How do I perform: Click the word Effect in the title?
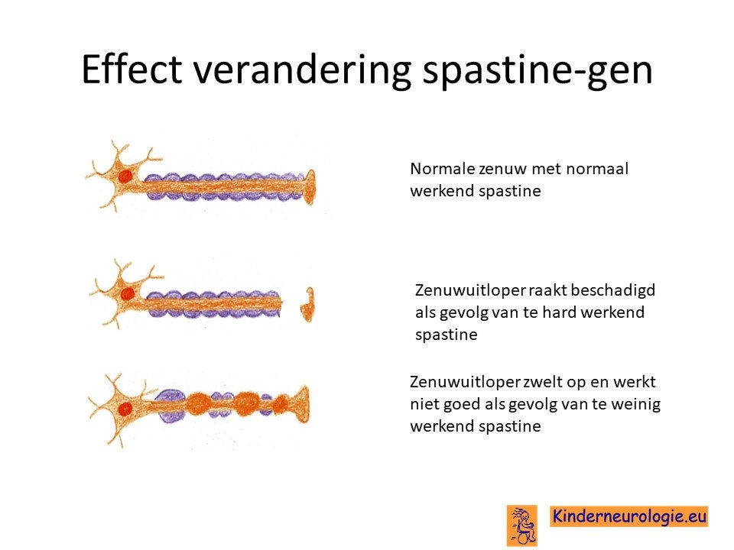pyautogui.click(x=132, y=70)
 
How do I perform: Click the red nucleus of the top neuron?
pyautogui.click(x=125, y=176)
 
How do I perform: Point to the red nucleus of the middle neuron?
pyautogui.click(x=127, y=294)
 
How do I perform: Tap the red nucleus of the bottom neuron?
pyautogui.click(x=125, y=409)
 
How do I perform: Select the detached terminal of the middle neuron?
pyautogui.click(x=307, y=305)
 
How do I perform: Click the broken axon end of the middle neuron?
pyautogui.click(x=280, y=303)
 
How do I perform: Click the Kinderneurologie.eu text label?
pyautogui.click(x=629, y=516)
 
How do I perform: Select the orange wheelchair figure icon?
pyautogui.click(x=522, y=526)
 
